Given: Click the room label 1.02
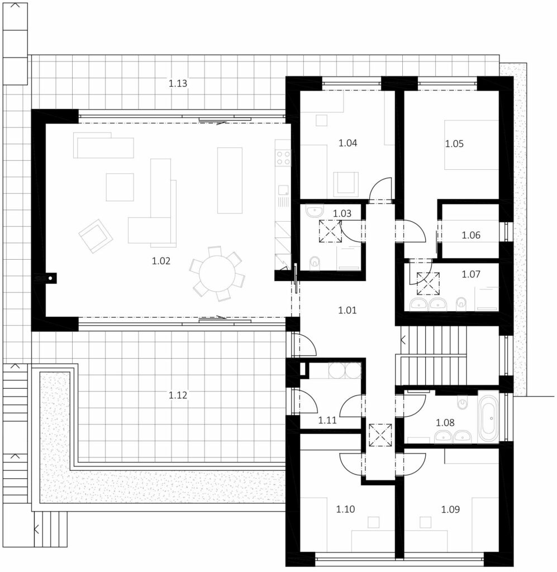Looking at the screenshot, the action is (161, 261).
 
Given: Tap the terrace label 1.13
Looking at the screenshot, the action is (178, 83).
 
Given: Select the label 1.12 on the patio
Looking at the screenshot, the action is (178, 395).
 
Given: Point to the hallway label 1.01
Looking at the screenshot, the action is (347, 310).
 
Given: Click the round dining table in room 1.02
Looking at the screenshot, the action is (217, 274).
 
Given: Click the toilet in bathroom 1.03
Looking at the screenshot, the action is (314, 263).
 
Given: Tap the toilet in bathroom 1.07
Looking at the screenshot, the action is (461, 303).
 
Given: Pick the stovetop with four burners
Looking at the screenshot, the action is (283, 158).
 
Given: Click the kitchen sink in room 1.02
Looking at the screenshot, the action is (283, 190).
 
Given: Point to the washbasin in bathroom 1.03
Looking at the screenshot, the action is (315, 211).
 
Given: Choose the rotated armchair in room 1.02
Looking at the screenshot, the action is (96, 236).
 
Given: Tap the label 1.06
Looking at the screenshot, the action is (471, 235).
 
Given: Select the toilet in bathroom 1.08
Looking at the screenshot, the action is (463, 403).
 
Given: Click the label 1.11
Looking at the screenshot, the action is (327, 420).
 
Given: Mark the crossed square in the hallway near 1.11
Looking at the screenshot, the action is (380, 435).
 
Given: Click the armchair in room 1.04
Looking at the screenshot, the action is (345, 184).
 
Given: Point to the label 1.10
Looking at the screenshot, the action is (345, 509).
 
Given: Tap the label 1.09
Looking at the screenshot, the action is (450, 509).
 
